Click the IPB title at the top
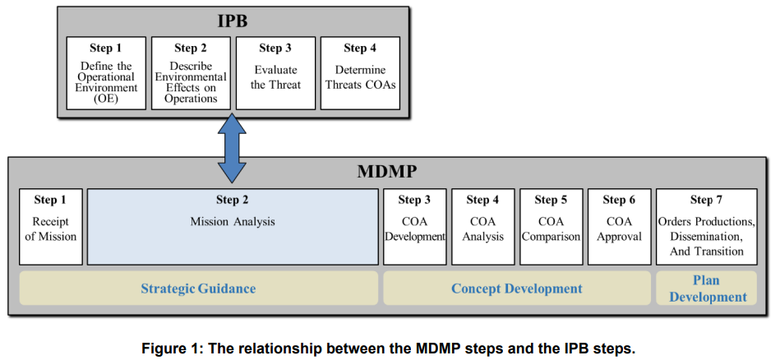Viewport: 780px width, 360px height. point(233,21)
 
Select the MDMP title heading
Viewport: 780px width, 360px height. point(387,172)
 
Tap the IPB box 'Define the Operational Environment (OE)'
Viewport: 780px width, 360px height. point(106,73)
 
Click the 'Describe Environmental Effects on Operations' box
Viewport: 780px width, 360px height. point(191,73)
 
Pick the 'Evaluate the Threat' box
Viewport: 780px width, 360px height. point(275,73)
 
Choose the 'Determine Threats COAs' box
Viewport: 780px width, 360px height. point(360,73)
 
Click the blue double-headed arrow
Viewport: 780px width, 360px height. point(232,148)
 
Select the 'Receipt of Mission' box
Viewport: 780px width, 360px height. point(51,227)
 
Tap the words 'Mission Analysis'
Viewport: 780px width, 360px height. point(233,222)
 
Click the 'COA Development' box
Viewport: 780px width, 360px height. point(415,227)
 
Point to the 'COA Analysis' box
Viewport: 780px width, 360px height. point(483,227)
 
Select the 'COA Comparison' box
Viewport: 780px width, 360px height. point(552,227)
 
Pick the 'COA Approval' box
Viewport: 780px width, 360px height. point(620,227)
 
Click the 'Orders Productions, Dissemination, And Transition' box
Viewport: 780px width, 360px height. point(707,227)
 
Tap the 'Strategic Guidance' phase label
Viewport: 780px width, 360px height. point(198,288)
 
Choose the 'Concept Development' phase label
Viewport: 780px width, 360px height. point(517,288)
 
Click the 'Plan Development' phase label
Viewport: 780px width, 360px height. point(708,288)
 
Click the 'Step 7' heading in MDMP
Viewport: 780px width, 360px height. point(706,200)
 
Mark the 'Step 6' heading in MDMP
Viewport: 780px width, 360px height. point(620,200)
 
